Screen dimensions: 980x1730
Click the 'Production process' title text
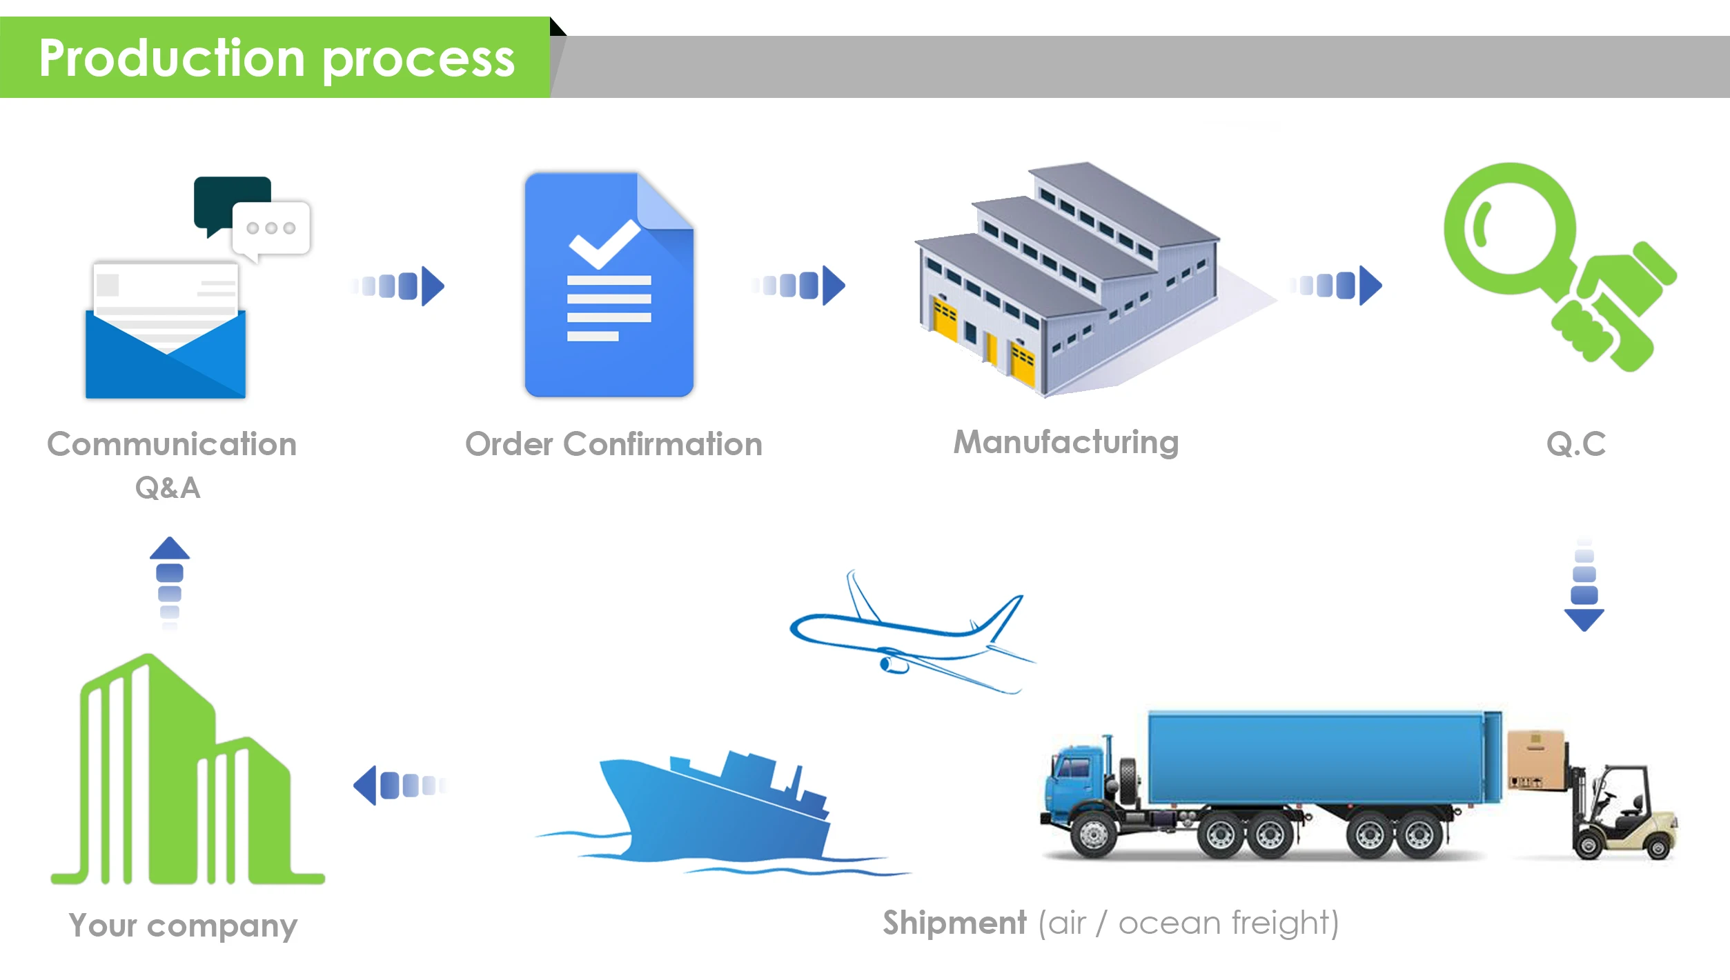tap(276, 59)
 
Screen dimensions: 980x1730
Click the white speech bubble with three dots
tap(271, 228)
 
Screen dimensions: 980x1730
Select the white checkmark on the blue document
tap(604, 243)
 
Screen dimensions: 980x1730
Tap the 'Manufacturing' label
tap(1066, 443)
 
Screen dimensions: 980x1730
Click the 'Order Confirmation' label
tap(613, 444)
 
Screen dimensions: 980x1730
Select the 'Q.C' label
tap(1576, 444)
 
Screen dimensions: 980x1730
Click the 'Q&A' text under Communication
tap(168, 488)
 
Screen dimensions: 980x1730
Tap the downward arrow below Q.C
tap(1584, 586)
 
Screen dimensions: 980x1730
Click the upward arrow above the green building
tap(170, 579)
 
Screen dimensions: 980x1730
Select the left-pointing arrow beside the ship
tap(399, 785)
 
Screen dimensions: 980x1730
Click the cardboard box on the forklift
tap(1536, 759)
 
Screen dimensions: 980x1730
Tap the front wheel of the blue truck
tap(1093, 835)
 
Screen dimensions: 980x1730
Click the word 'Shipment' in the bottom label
tap(954, 923)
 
